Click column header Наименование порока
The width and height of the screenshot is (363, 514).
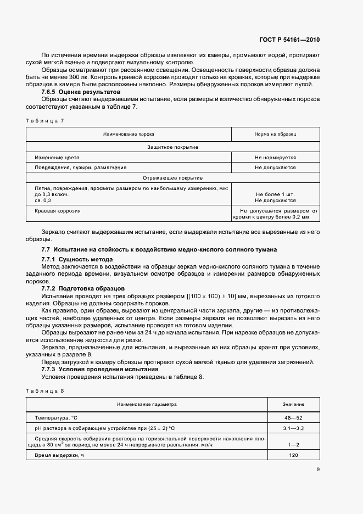click(x=129, y=134)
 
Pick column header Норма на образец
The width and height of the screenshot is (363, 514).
click(x=275, y=134)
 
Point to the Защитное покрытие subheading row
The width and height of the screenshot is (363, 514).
click(x=173, y=147)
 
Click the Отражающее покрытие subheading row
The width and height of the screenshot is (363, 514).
click(x=173, y=178)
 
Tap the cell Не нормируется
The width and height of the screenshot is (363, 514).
click(x=275, y=157)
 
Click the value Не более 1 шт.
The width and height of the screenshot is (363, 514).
click(x=275, y=195)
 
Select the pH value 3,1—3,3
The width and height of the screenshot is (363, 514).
click(x=294, y=428)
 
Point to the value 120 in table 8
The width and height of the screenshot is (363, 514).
click(x=294, y=456)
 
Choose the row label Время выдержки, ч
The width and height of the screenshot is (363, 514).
click(x=60, y=456)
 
